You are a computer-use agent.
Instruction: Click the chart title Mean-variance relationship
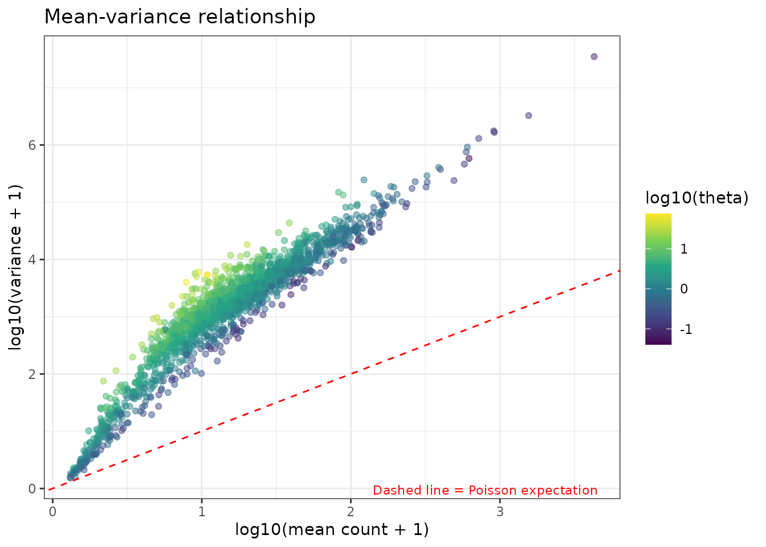point(180,17)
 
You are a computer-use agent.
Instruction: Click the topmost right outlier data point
point(594,56)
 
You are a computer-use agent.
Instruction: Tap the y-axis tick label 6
point(32,145)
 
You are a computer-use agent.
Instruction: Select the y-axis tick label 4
point(32,260)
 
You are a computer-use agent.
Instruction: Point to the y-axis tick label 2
point(32,374)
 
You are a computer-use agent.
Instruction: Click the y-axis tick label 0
point(32,489)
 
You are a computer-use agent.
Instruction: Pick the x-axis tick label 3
point(500,511)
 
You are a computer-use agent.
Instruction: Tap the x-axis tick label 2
point(351,511)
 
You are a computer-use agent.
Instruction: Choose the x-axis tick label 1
point(201,511)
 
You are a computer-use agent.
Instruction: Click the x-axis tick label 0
point(52,511)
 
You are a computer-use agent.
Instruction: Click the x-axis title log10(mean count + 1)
point(332,530)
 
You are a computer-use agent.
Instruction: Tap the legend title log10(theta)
point(696,198)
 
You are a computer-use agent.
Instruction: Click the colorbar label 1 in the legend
point(684,249)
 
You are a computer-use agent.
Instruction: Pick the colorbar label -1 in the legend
point(686,330)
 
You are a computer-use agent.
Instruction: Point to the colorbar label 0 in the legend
point(684,289)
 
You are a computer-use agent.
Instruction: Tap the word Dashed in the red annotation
point(392,491)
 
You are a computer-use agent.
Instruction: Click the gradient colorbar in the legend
point(658,279)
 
